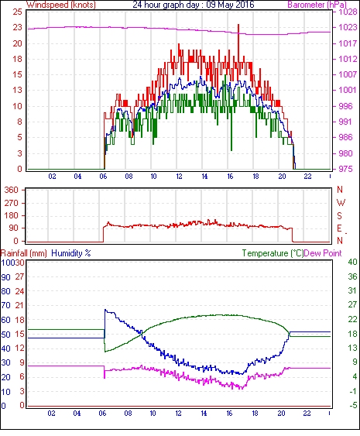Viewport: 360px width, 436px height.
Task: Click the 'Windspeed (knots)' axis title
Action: (x=61, y=5)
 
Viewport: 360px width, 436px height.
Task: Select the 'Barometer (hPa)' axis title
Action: (x=317, y=5)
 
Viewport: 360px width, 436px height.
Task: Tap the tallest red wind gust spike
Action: (x=238, y=25)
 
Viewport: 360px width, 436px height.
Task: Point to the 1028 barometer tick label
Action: (x=348, y=12)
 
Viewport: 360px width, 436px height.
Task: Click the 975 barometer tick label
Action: (x=345, y=169)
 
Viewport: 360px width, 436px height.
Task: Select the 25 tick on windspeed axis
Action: (x=17, y=12)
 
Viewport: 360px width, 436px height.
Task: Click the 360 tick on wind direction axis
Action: (x=12, y=191)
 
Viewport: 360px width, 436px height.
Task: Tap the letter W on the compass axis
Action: (x=341, y=203)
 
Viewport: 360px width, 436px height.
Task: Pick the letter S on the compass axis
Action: (x=339, y=215)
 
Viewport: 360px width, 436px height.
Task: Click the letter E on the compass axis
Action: (x=339, y=228)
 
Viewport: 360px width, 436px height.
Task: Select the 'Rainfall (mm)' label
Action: (x=24, y=253)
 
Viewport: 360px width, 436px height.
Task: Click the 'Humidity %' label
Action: (x=71, y=253)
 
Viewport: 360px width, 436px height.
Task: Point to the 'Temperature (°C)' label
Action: (x=273, y=253)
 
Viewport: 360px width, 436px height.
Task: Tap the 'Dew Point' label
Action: (x=323, y=253)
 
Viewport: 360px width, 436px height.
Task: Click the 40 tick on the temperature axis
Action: (x=352, y=262)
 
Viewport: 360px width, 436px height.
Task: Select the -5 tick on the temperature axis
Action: (x=353, y=406)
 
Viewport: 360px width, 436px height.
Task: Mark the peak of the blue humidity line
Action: (x=105, y=310)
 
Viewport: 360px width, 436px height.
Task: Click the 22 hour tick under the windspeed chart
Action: (x=307, y=177)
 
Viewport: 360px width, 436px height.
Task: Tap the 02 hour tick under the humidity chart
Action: (x=51, y=414)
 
